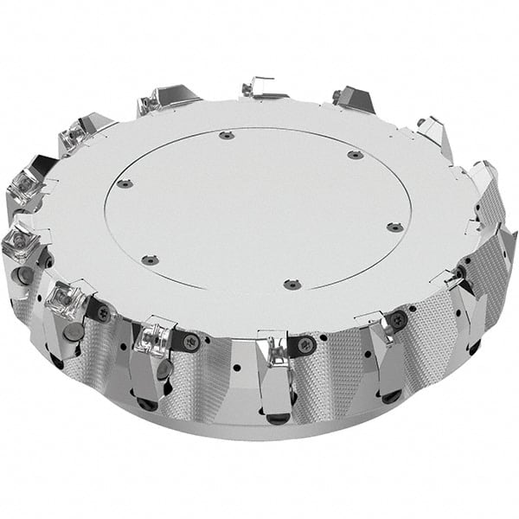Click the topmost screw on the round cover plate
coord(227,135)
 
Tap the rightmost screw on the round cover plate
coord(394,227)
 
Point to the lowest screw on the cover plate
coord(288,284)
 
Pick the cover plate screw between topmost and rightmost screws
coord(355,156)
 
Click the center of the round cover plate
coord(258,208)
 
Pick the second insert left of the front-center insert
coord(67,299)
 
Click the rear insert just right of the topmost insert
coord(352,97)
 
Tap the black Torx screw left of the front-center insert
coord(190,342)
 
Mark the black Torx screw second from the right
coord(399,319)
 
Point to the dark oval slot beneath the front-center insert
coord(278,419)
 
